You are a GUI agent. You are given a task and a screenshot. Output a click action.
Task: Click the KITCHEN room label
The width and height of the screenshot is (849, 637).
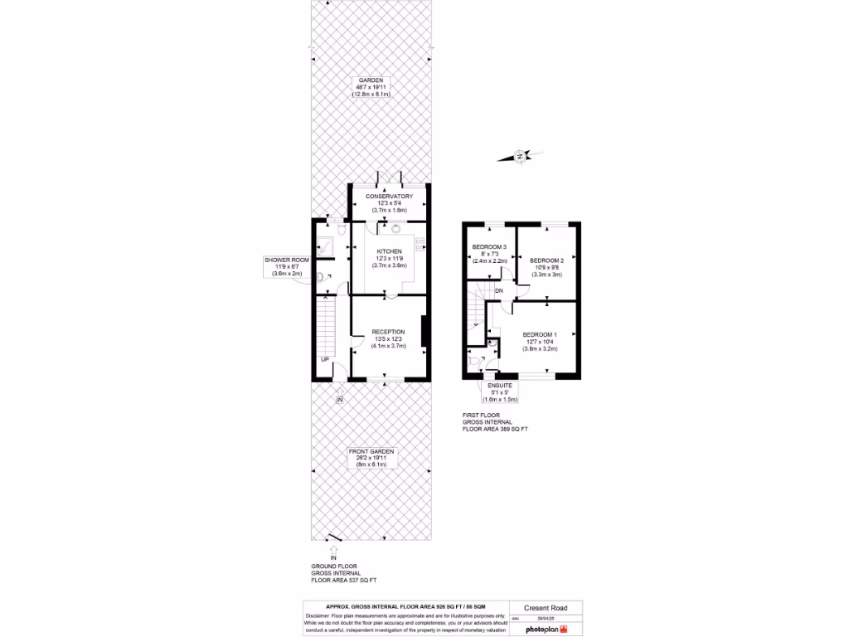pyautogui.click(x=390, y=251)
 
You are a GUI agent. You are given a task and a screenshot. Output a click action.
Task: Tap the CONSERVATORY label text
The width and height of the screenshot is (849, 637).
pyautogui.click(x=389, y=197)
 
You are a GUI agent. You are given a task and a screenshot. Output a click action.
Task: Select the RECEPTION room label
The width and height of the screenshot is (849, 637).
pyautogui.click(x=389, y=332)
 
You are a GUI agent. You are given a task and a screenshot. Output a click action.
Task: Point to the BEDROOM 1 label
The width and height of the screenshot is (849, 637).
pyautogui.click(x=540, y=335)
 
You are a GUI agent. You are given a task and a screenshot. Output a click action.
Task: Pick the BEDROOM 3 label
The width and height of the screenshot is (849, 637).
pyautogui.click(x=489, y=247)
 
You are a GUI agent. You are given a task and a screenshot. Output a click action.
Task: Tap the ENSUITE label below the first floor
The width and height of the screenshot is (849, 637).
pyautogui.click(x=500, y=386)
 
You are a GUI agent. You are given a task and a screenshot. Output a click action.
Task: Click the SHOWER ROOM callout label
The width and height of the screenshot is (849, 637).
pyautogui.click(x=287, y=260)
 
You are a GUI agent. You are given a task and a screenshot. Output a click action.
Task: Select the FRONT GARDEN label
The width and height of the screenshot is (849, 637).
pyautogui.click(x=371, y=451)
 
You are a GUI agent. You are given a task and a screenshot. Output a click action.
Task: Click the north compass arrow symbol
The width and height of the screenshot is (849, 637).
pyautogui.click(x=519, y=155)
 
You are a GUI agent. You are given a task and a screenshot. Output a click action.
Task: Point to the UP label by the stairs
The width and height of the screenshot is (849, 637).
pyautogui.click(x=326, y=359)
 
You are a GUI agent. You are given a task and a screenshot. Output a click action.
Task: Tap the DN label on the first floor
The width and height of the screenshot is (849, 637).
pyautogui.click(x=498, y=291)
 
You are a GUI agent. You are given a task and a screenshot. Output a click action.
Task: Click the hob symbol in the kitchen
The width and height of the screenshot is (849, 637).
pyautogui.click(x=420, y=243)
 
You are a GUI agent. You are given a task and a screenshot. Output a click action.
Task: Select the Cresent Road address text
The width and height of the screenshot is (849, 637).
pyautogui.click(x=545, y=608)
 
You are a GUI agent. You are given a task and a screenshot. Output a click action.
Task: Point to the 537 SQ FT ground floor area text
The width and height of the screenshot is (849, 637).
pyautogui.click(x=343, y=581)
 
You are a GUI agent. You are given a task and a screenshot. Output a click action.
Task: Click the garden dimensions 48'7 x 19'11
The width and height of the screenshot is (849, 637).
pyautogui.click(x=371, y=87)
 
